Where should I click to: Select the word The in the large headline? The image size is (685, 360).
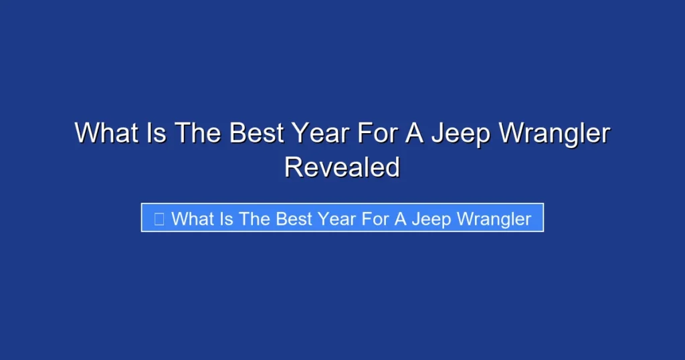coord(199,133)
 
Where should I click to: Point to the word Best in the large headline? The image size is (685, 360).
coord(258,133)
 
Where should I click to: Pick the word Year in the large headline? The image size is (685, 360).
coord(320,133)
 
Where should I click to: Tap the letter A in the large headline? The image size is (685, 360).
coord(411,133)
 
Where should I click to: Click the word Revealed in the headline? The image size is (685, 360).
coord(342,167)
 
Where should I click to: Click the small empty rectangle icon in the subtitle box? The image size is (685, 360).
coord(159,219)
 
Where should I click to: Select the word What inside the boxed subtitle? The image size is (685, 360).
coord(191,219)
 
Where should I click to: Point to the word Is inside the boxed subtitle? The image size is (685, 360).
coord(226,219)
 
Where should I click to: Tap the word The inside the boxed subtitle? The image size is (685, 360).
coord(255,219)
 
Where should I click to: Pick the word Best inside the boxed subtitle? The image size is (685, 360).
coord(294,219)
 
